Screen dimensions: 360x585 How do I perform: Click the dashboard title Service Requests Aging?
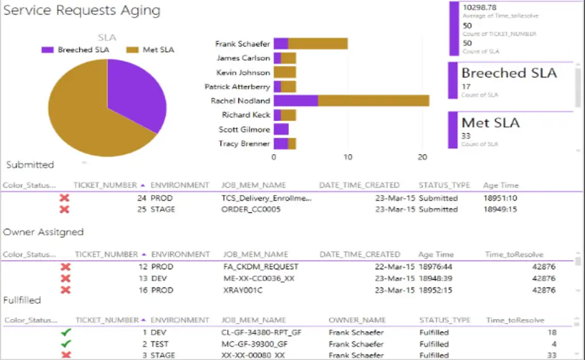coord(82,10)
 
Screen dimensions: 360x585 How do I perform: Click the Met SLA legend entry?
coord(158,50)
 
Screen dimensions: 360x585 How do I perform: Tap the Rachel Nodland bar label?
coord(240,101)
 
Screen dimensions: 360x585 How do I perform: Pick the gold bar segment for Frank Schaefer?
coord(318,44)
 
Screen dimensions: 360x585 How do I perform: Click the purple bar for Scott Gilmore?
coord(281,129)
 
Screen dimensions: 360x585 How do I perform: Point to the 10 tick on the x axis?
coord(348,157)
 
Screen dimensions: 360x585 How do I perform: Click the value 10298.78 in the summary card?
coord(480,7)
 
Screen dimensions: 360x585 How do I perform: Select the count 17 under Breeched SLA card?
coord(467,87)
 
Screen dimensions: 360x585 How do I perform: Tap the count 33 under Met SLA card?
coord(467,136)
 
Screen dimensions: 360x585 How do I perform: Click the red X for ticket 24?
coord(65,198)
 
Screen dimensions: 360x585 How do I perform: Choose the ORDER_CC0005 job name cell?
coord(252,209)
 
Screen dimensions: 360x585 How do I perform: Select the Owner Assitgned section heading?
coord(44,232)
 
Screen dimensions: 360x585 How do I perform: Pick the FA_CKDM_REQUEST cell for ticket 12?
coord(257,266)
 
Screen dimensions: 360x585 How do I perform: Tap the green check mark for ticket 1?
coord(66,333)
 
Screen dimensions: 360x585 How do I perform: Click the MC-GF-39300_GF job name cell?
coord(255,344)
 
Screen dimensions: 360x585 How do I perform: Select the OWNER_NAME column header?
coord(357,320)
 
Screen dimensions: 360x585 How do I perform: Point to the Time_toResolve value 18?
coord(552,333)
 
